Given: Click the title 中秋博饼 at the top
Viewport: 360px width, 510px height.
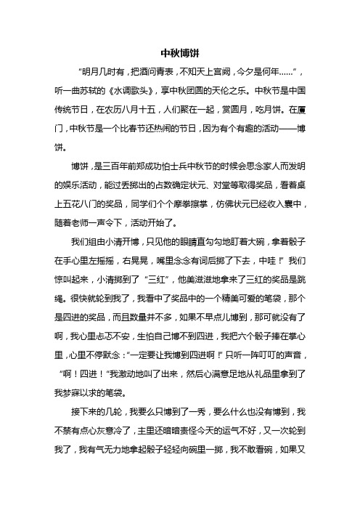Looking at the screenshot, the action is coord(180,53).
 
